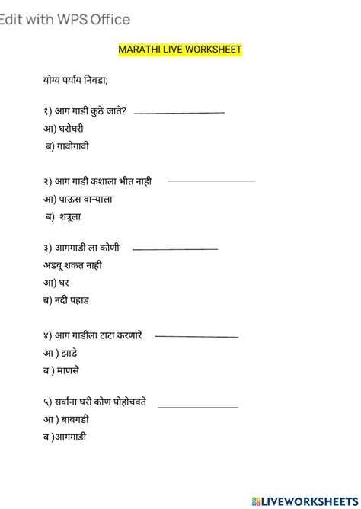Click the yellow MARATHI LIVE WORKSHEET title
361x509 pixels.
pyautogui.click(x=180, y=50)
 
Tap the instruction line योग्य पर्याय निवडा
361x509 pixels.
pyautogui.click(x=75, y=78)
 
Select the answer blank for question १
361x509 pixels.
pyautogui.click(x=179, y=113)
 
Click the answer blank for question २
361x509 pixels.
pyautogui.click(x=212, y=181)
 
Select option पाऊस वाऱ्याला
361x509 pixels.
pyautogui.click(x=78, y=199)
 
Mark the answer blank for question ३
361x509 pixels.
pyautogui.click(x=175, y=248)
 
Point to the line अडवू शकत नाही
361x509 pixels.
pyautogui.click(x=73, y=265)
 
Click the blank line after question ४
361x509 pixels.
pyautogui.click(x=196, y=336)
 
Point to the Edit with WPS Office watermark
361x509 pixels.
pyautogui.click(x=65, y=20)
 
